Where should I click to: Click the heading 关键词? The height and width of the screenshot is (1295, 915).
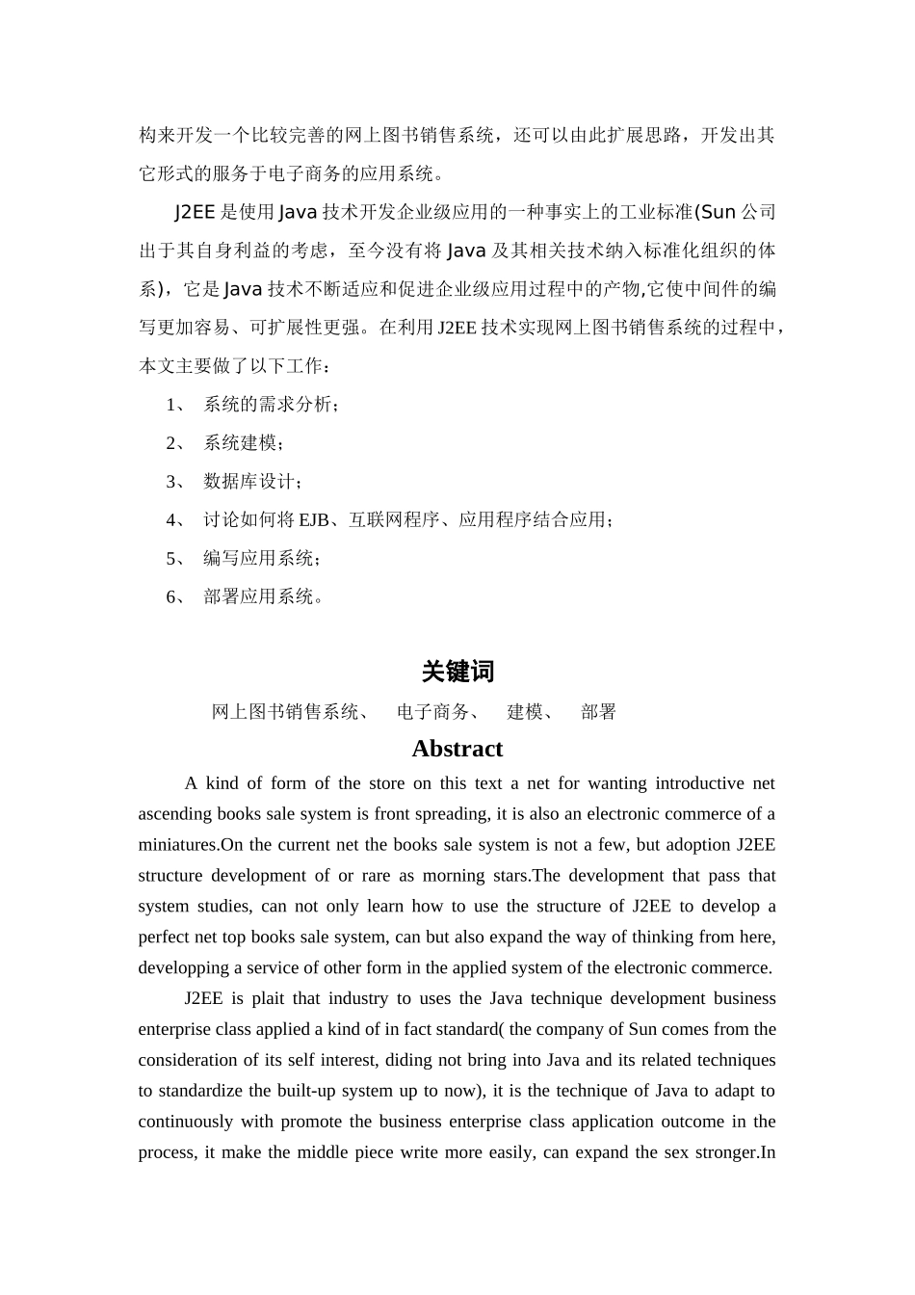pos(457,672)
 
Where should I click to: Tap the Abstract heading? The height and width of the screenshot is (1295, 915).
pos(457,749)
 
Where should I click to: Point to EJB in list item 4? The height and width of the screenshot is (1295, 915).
pos(313,520)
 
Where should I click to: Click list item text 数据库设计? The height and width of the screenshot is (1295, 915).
pos(252,482)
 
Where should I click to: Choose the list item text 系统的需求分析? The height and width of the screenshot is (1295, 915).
pos(269,405)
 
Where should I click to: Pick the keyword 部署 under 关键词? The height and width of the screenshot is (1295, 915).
pos(598,712)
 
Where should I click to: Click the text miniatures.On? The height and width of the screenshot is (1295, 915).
pos(192,845)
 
